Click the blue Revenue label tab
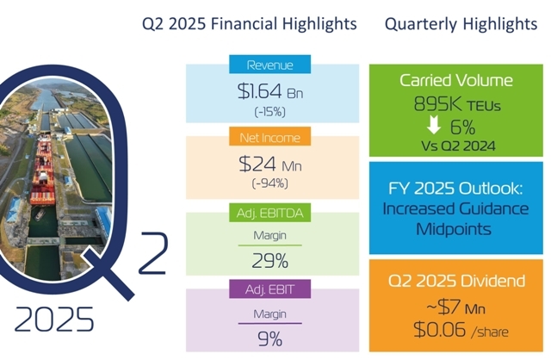pyautogui.click(x=269, y=65)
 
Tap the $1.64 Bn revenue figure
pyautogui.click(x=269, y=91)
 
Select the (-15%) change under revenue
pyautogui.click(x=269, y=112)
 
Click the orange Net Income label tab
pyautogui.click(x=269, y=136)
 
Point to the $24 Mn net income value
pyautogui.click(x=269, y=164)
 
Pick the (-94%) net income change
pyautogui.click(x=269, y=183)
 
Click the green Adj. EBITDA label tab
pyautogui.click(x=269, y=213)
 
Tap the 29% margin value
pyautogui.click(x=269, y=261)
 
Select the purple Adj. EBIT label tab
pyautogui.click(x=269, y=289)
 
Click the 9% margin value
pyautogui.click(x=269, y=339)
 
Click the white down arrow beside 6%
pyautogui.click(x=434, y=125)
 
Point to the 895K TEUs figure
pyautogui.click(x=457, y=103)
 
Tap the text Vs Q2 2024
pyautogui.click(x=458, y=146)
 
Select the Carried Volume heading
pyautogui.click(x=456, y=80)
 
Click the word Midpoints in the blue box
pyautogui.click(x=454, y=229)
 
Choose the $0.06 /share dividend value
pyautogui.click(x=461, y=330)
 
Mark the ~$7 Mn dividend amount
pyautogui.click(x=455, y=307)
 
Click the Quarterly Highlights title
pyautogui.click(x=461, y=24)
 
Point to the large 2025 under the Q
pyautogui.click(x=54, y=319)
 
